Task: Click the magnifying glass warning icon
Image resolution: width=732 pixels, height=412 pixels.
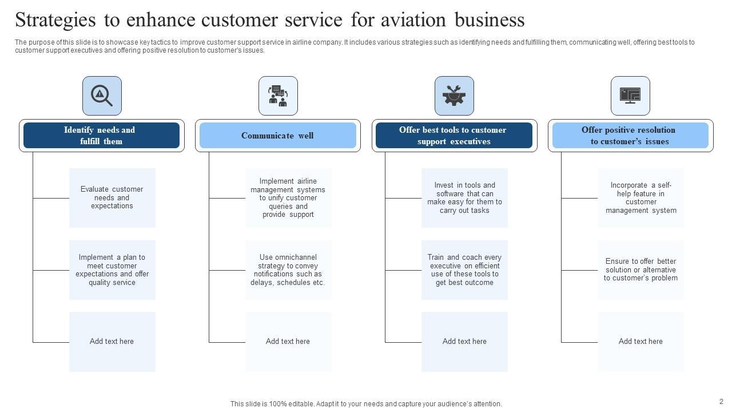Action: pos(102,96)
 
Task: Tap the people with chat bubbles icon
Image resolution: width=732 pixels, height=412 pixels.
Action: pos(278,96)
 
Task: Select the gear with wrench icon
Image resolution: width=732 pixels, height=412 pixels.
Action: pos(454,96)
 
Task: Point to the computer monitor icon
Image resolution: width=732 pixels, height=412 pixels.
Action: pos(630,96)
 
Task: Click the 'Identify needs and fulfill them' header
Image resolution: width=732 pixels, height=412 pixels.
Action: pos(101,136)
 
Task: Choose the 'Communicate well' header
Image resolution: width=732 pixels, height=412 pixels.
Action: pos(277,136)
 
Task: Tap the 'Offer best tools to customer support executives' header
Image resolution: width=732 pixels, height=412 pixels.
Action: pos(454,136)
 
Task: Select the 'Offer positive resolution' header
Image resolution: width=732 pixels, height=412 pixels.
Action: pos(630,136)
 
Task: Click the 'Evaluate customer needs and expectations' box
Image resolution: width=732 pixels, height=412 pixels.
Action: pos(112,197)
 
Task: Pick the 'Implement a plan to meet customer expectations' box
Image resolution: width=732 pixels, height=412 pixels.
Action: pos(112,270)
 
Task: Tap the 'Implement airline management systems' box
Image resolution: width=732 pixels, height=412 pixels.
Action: pos(288,197)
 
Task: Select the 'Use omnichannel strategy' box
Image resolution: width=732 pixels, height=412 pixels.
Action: pos(288,270)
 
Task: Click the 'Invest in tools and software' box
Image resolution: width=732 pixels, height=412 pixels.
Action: pos(464,197)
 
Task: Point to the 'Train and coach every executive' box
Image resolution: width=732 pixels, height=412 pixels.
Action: pos(464,270)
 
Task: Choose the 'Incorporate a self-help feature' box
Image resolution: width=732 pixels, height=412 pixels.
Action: pos(640,197)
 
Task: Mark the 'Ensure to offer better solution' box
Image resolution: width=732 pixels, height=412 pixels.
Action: pos(640,270)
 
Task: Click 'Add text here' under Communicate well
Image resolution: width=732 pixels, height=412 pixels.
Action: pos(288,342)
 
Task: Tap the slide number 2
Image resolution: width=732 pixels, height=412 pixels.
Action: pos(721,402)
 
